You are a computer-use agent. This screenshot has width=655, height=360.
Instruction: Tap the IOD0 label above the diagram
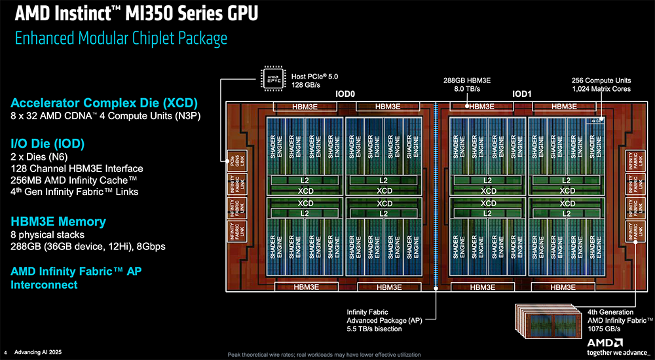pyautogui.click(x=345, y=94)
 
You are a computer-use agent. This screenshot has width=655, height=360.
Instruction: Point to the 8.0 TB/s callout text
pyautogui.click(x=467, y=89)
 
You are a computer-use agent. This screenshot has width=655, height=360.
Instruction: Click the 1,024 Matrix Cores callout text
pyautogui.click(x=601, y=89)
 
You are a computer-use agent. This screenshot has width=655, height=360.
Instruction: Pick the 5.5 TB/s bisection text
pyautogui.click(x=374, y=329)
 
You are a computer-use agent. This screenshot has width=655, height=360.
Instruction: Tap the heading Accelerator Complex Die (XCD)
pyautogui.click(x=104, y=103)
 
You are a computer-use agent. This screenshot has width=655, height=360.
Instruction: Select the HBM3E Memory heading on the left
pyautogui.click(x=58, y=221)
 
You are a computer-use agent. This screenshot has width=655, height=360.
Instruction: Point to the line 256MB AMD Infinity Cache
pyautogui.click(x=73, y=180)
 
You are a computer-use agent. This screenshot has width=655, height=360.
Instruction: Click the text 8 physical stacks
pyautogui.click(x=48, y=234)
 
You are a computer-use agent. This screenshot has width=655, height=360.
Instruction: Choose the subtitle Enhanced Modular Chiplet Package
pyautogui.click(x=121, y=38)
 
